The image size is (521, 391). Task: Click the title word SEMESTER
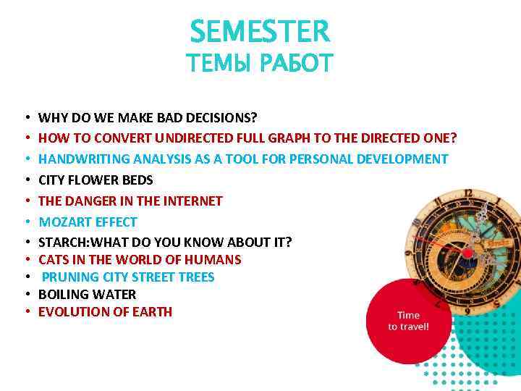click(x=260, y=31)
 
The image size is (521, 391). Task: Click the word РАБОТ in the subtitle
click(x=297, y=64)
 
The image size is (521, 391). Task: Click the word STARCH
click(x=59, y=242)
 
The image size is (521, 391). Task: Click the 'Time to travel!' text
click(x=408, y=321)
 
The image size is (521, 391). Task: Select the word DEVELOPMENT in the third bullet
click(x=407, y=159)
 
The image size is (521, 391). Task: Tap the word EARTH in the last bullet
click(x=154, y=312)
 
